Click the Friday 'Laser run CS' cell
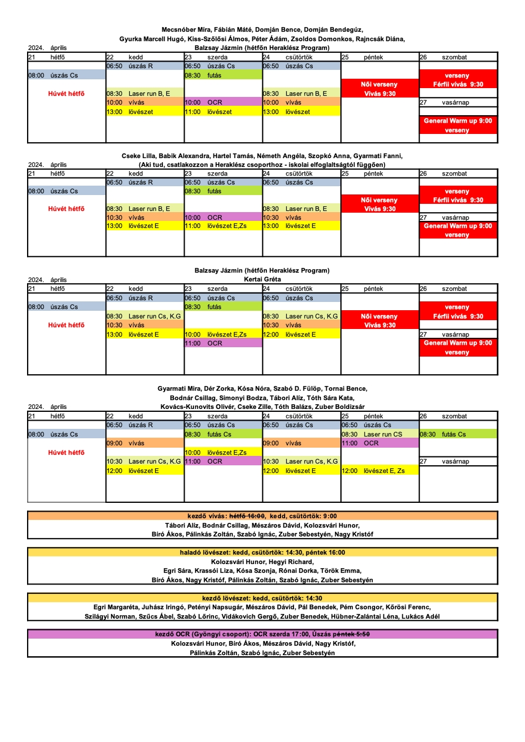(x=379, y=434)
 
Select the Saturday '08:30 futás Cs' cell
(x=458, y=434)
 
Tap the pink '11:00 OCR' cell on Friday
(x=379, y=443)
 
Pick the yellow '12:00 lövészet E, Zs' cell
(x=379, y=471)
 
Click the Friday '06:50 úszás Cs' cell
(x=379, y=425)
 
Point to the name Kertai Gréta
(x=262, y=279)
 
